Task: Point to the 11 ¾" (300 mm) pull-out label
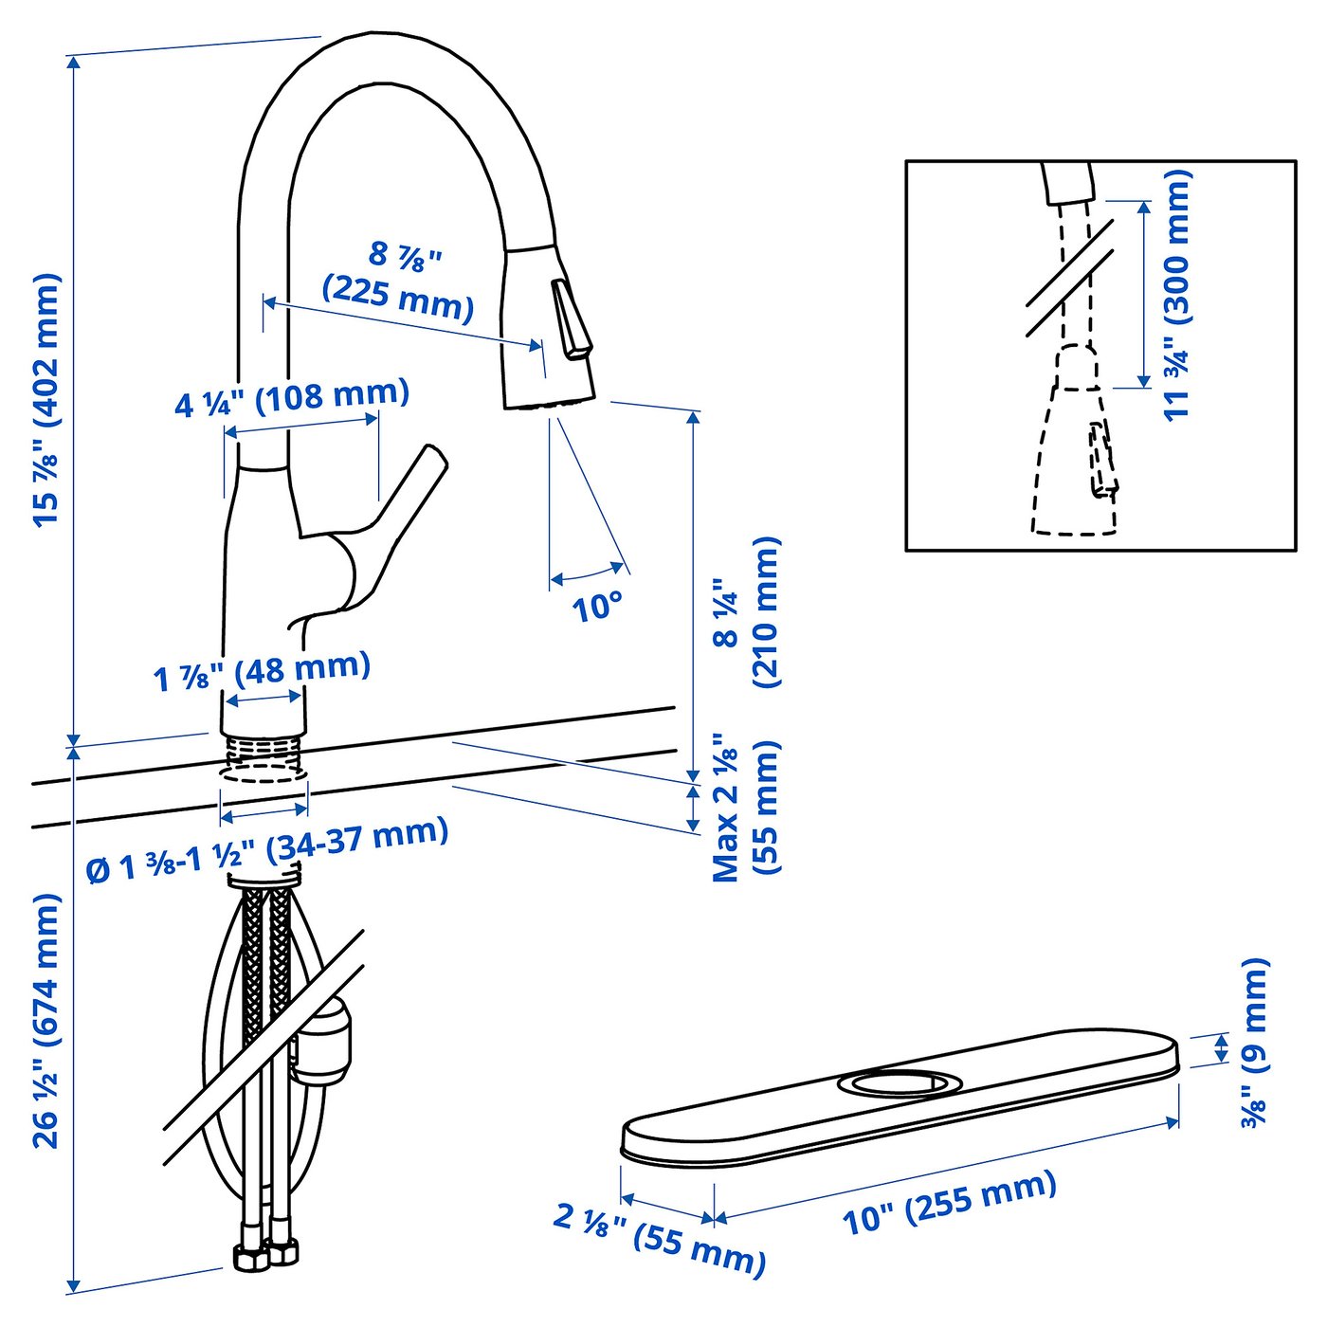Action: (1175, 294)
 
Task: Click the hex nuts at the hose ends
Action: (267, 1255)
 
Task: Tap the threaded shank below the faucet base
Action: (264, 757)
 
